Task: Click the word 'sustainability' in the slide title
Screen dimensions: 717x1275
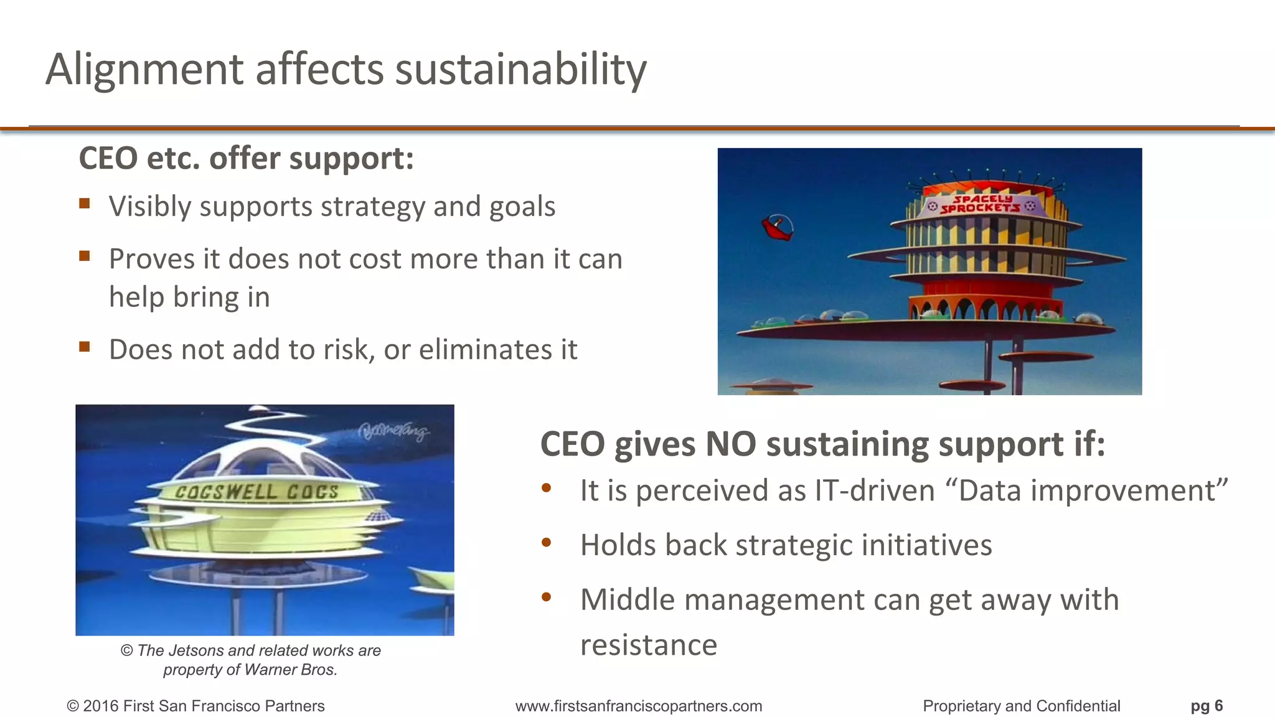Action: point(520,70)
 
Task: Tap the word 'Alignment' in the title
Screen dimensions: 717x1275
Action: point(144,70)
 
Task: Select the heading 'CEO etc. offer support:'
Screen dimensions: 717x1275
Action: point(246,158)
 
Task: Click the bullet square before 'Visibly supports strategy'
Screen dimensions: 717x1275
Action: point(85,204)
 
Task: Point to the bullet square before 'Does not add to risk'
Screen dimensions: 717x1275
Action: point(85,347)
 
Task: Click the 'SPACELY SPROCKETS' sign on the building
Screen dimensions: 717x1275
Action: point(981,204)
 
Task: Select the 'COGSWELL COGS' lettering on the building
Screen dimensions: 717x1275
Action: point(256,492)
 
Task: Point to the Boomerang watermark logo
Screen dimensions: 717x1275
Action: point(393,431)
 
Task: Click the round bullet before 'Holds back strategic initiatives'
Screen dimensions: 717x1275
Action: point(547,543)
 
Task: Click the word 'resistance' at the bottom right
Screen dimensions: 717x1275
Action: point(648,645)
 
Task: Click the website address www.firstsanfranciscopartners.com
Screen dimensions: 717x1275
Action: point(639,706)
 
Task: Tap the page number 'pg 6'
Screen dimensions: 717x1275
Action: point(1207,706)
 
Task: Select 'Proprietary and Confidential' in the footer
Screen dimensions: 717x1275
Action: point(1021,706)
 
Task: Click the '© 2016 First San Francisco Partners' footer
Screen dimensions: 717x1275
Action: point(195,706)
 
